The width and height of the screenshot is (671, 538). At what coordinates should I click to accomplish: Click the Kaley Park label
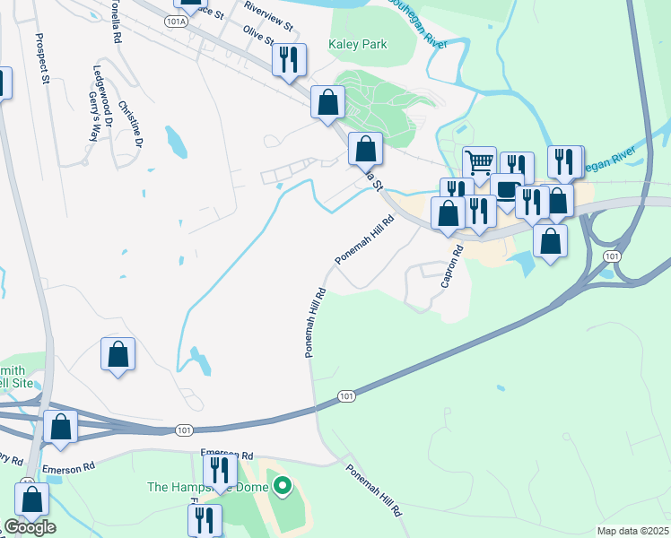[358, 44]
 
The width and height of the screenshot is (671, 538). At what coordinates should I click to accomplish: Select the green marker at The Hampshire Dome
[283, 487]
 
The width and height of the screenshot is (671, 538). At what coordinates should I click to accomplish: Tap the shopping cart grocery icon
[479, 163]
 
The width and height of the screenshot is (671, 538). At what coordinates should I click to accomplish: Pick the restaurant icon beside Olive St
[289, 60]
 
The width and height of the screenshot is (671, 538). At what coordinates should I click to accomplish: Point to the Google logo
[30, 527]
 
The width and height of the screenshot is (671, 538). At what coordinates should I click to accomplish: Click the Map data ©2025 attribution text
[632, 531]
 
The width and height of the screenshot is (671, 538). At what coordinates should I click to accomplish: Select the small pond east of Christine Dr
[176, 141]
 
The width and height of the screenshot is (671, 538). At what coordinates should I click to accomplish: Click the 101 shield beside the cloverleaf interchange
[611, 256]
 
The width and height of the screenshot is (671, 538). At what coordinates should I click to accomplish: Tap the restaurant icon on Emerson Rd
[220, 470]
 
